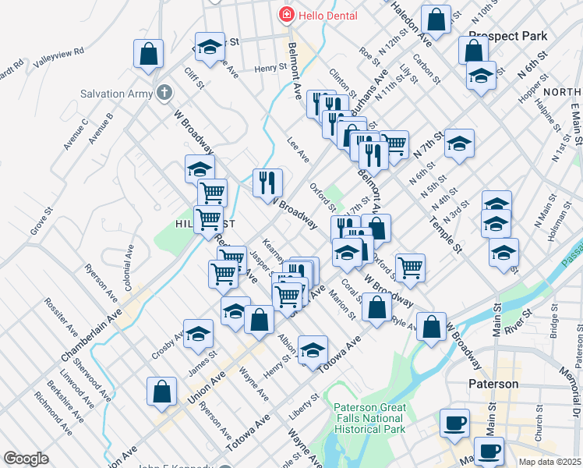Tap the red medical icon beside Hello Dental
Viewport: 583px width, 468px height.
[285, 16]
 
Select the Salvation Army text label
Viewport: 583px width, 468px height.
[116, 94]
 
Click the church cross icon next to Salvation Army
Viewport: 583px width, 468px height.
[164, 94]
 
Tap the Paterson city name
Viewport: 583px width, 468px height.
[493, 384]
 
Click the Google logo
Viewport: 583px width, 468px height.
[26, 459]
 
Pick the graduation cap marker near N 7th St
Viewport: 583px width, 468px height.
[460, 144]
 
